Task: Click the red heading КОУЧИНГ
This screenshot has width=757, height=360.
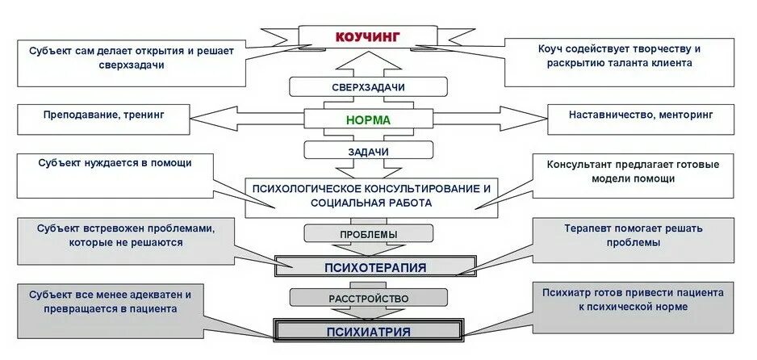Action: click(367, 36)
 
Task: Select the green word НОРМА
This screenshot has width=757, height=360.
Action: click(368, 119)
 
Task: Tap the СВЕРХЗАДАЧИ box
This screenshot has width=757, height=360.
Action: click(368, 87)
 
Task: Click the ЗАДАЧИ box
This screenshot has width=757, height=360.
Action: click(368, 151)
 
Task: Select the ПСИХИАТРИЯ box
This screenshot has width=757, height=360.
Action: click(369, 332)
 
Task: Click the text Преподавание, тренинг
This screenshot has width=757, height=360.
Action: click(104, 115)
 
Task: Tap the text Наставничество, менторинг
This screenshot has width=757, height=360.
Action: click(641, 115)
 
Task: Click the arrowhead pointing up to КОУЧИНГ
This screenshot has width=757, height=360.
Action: click(368, 57)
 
